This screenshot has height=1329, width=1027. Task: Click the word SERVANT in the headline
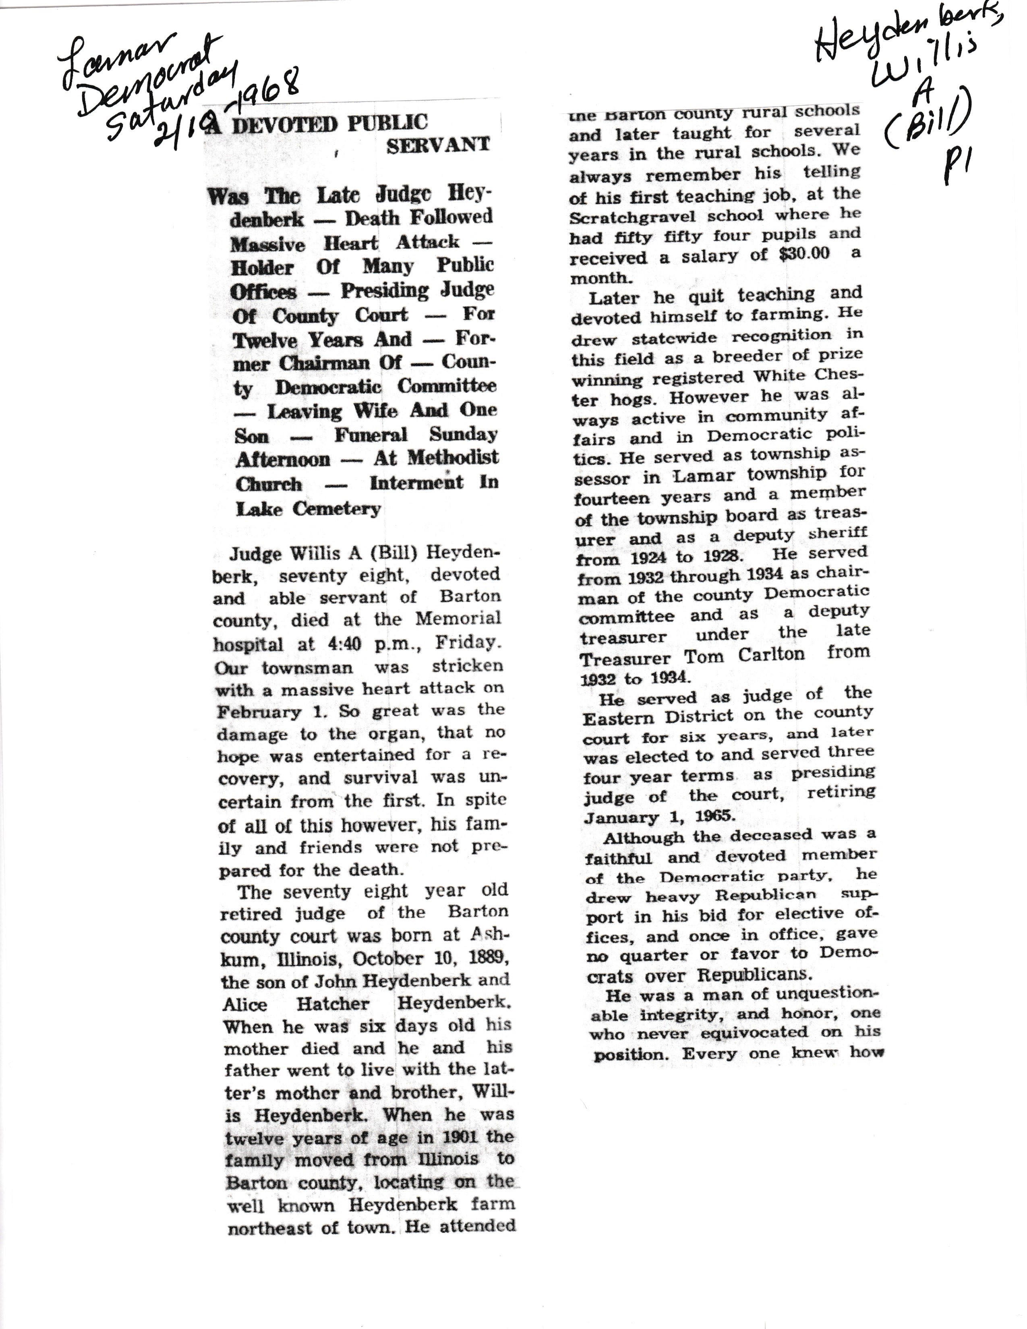(x=438, y=145)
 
